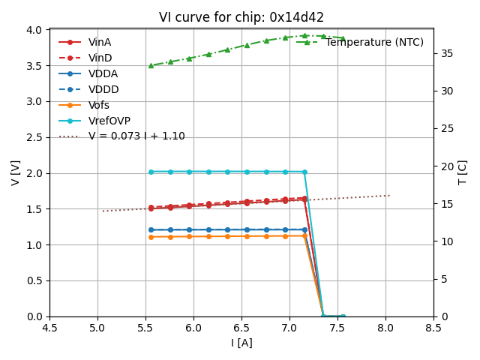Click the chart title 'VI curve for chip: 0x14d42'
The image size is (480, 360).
(x=241, y=17)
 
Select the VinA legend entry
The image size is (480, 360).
(x=100, y=42)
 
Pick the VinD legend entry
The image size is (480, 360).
(x=100, y=58)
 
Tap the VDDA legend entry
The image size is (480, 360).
(x=103, y=73)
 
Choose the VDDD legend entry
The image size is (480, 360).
(x=103, y=89)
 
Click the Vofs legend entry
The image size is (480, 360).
(x=99, y=105)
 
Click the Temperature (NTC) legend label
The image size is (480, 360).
(x=374, y=42)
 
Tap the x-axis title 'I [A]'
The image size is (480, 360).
(x=241, y=343)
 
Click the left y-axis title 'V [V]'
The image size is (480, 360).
(x=16, y=172)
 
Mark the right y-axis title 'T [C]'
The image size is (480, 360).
(x=463, y=172)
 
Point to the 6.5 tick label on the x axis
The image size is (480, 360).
(x=241, y=328)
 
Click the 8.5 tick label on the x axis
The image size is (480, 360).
(x=433, y=328)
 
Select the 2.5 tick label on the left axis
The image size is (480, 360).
(x=35, y=137)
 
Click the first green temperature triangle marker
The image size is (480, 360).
(x=151, y=65)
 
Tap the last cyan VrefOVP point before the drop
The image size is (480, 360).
(x=304, y=172)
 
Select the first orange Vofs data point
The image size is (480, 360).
(x=151, y=237)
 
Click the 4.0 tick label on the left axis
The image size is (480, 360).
(x=35, y=30)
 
